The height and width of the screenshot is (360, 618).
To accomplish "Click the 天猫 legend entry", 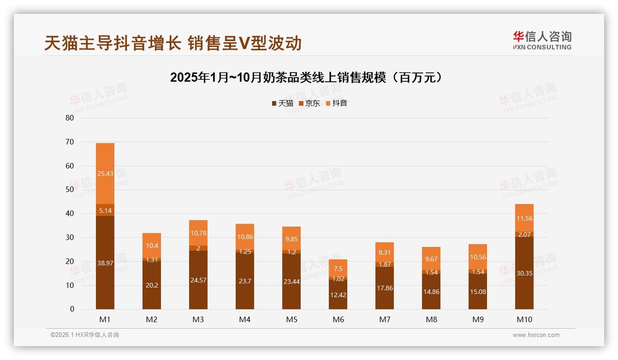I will (282, 103).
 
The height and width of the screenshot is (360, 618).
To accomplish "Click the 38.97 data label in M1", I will (105, 263).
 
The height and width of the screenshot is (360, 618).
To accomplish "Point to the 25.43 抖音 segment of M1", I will (105, 174).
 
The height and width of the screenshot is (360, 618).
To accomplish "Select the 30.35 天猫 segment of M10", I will (524, 273).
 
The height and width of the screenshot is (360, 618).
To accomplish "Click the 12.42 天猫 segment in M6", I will (339, 294).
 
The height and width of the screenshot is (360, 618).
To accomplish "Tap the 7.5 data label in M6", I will (339, 269).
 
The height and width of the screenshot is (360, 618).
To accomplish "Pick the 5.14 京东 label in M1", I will (105, 210).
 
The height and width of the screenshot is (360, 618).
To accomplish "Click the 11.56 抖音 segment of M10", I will (524, 218).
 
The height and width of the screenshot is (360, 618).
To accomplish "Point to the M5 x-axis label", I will (291, 319).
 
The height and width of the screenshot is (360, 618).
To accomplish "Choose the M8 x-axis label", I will (431, 319).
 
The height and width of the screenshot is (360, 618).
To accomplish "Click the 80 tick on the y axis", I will (70, 118).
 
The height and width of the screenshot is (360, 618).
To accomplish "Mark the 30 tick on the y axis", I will (70, 237).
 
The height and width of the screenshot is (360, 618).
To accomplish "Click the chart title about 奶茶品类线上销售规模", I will (308, 78).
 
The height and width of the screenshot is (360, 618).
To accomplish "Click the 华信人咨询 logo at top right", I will (542, 40).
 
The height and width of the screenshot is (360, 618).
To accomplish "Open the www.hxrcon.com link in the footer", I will (536, 335).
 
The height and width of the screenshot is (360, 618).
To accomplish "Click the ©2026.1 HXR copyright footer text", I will (85, 335).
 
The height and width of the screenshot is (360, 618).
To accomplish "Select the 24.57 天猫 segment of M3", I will (198, 280).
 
